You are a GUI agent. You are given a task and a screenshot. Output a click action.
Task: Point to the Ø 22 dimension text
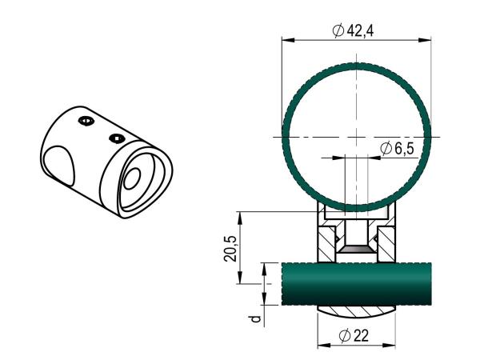(357, 336)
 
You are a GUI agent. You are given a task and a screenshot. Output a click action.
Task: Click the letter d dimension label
(255, 320)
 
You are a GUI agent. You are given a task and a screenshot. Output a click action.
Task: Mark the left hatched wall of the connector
(326, 245)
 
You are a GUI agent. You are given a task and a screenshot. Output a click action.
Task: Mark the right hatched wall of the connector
(386, 245)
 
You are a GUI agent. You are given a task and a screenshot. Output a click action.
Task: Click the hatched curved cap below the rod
(356, 310)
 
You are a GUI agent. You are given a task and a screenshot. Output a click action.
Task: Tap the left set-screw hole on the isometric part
(86, 121)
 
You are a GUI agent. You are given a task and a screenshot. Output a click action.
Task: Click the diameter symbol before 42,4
(338, 30)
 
